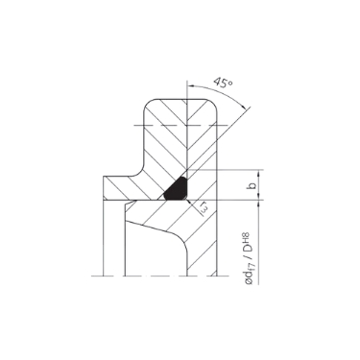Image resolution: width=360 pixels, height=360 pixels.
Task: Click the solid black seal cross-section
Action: tap(178, 186)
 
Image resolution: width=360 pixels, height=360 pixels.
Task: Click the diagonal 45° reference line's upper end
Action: tap(252, 108)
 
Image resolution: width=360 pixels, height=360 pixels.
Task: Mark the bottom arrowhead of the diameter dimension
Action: tap(236, 275)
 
